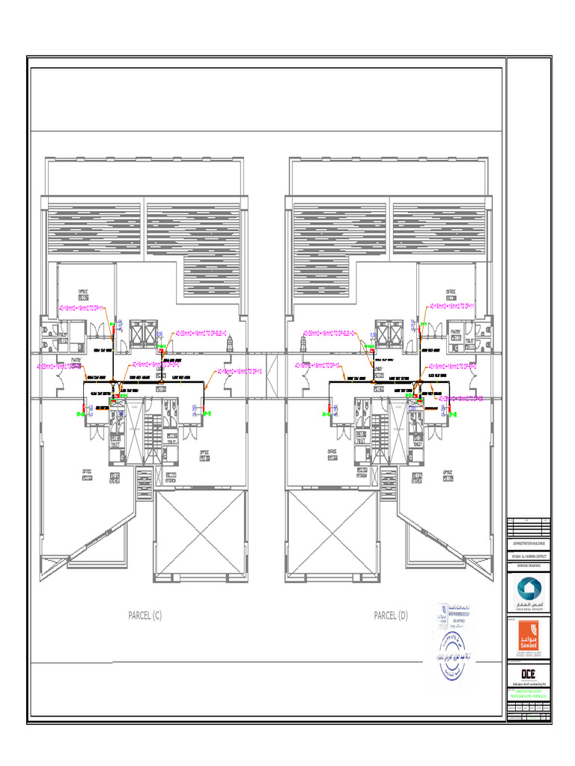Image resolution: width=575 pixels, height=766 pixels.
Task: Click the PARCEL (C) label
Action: coord(144,616)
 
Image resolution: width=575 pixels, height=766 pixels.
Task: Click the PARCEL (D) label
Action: coord(391,616)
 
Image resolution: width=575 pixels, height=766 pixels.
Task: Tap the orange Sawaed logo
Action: coord(529,637)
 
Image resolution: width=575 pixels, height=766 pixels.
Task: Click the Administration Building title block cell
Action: coord(529,541)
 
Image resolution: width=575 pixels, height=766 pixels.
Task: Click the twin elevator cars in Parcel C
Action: coord(141,334)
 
